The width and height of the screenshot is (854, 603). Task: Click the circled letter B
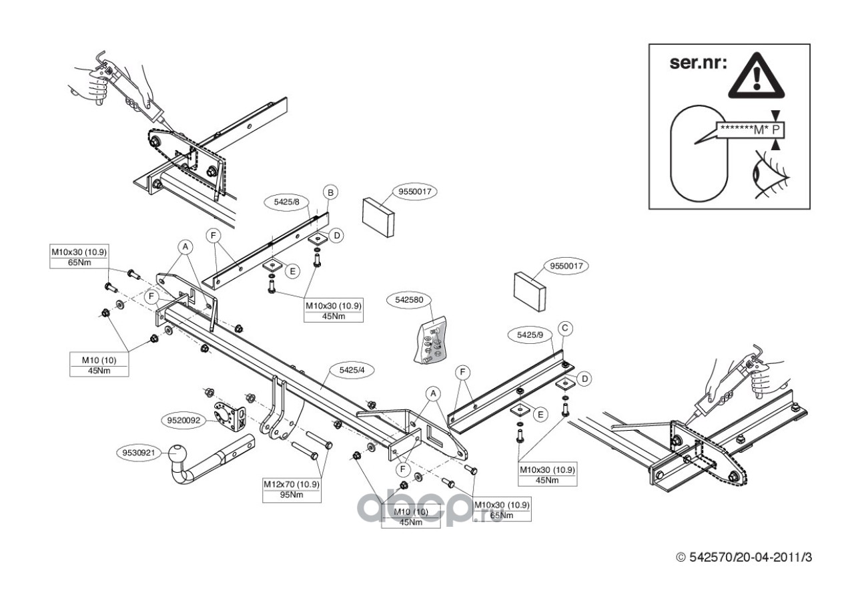[330, 192]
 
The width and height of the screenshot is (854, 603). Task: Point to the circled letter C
[564, 328]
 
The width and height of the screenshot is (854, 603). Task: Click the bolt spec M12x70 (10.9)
[292, 484]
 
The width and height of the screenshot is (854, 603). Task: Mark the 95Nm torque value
[292, 495]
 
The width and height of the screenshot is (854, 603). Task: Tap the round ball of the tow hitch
[181, 457]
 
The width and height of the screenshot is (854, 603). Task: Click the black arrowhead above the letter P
[775, 116]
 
